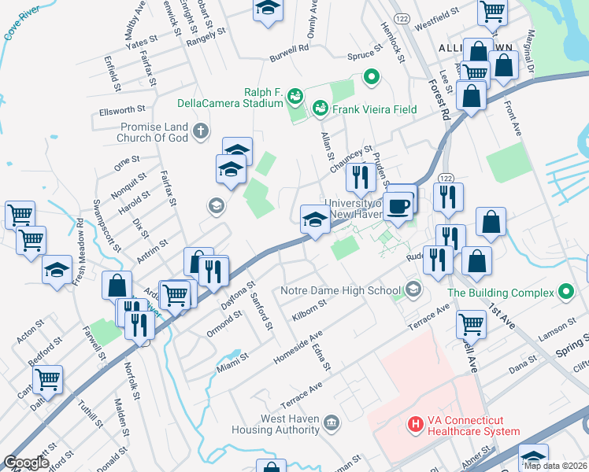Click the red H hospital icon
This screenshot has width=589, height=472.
tap(415, 426)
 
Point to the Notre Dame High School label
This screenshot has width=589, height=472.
tap(340, 290)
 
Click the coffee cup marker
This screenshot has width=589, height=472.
tap(400, 205)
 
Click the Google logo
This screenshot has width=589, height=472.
tap(26, 463)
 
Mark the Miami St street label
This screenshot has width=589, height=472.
tap(232, 364)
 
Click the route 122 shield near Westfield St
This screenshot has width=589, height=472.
tap(402, 18)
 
